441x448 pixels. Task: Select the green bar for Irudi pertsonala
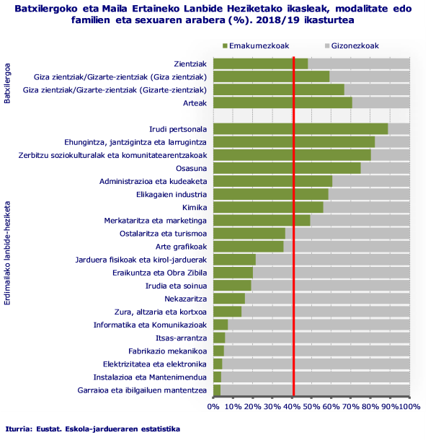point(300,129)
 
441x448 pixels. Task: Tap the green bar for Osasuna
point(287,168)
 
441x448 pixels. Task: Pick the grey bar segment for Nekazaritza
point(326,299)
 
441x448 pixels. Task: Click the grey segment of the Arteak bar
point(380,103)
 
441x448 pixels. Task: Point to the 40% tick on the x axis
point(293,407)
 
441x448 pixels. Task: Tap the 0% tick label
point(213,407)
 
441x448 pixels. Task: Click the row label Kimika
point(194,207)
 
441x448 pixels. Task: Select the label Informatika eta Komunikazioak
point(151,325)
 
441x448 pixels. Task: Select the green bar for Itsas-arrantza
point(219,338)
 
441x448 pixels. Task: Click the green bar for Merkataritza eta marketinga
point(262,220)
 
